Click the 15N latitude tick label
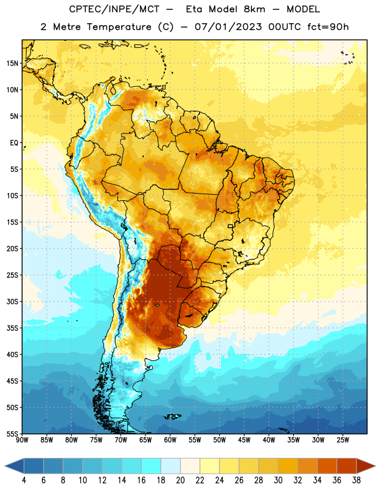click(x=12, y=63)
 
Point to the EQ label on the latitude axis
click(x=14, y=143)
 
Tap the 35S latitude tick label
click(x=12, y=328)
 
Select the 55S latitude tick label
click(x=12, y=433)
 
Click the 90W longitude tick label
click(x=22, y=440)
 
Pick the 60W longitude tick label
click(x=170, y=440)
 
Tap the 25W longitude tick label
click(x=343, y=440)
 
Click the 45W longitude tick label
click(x=244, y=440)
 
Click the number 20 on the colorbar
click(x=180, y=480)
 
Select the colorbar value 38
click(x=357, y=480)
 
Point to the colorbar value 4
click(x=24, y=480)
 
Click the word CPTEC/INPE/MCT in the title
click(x=114, y=9)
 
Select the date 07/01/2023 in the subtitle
click(x=228, y=27)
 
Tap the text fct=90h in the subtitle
click(x=328, y=27)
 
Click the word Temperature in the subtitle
click(x=119, y=27)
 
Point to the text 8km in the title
click(x=254, y=9)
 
